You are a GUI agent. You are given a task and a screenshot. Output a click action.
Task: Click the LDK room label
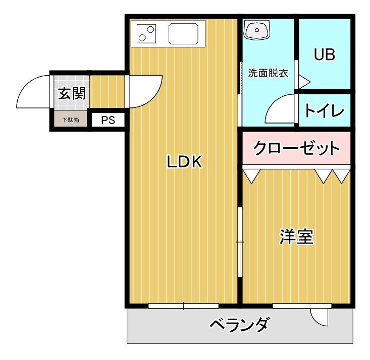185,161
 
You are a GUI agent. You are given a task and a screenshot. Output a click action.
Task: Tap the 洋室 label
296,236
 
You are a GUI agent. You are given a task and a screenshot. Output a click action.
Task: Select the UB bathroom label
324,54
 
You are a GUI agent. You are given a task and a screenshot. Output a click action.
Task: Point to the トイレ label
324,110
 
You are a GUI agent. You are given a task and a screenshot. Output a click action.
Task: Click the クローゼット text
296,148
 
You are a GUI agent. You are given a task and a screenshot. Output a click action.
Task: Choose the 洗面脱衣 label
268,73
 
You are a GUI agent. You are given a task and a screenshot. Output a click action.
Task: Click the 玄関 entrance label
72,93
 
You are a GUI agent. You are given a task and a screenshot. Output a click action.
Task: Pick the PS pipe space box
108,120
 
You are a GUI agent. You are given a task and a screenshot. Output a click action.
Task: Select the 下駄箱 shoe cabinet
71,120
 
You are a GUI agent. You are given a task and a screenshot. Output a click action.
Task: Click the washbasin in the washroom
257,30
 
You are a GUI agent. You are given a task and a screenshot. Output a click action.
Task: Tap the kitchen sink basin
183,34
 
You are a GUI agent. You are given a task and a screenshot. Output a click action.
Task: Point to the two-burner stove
146,34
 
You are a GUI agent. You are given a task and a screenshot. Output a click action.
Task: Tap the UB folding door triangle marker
304,82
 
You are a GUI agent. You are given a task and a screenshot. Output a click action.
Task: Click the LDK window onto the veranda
184,306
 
